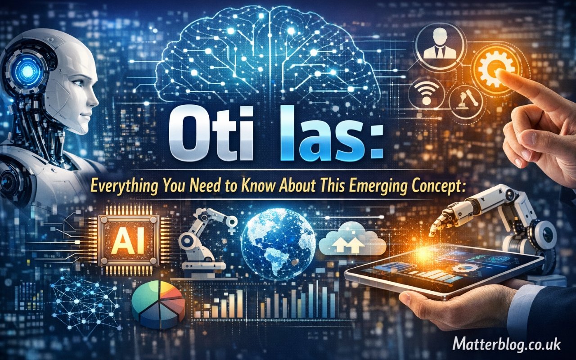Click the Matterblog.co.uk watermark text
pyautogui.click(x=506, y=345)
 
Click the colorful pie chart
pyautogui.click(x=158, y=303)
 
